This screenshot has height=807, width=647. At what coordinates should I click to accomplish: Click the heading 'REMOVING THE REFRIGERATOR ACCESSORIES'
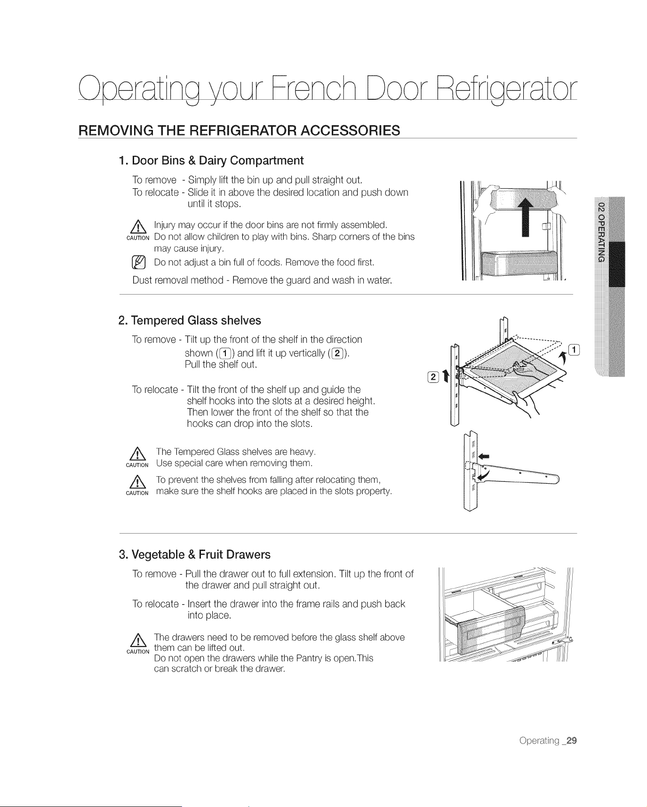[x=239, y=130]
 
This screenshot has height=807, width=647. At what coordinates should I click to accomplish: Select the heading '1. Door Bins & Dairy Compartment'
[x=211, y=160]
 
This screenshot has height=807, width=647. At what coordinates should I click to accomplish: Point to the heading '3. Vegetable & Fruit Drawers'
[x=194, y=555]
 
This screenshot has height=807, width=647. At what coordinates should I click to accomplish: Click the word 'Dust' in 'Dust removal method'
[x=142, y=281]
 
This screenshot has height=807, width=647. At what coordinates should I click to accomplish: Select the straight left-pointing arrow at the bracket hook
[x=483, y=456]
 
